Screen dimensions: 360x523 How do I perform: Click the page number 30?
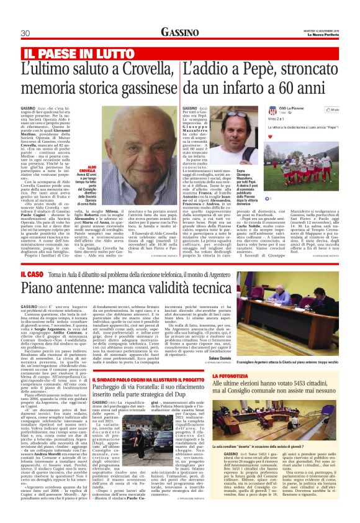26,33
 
